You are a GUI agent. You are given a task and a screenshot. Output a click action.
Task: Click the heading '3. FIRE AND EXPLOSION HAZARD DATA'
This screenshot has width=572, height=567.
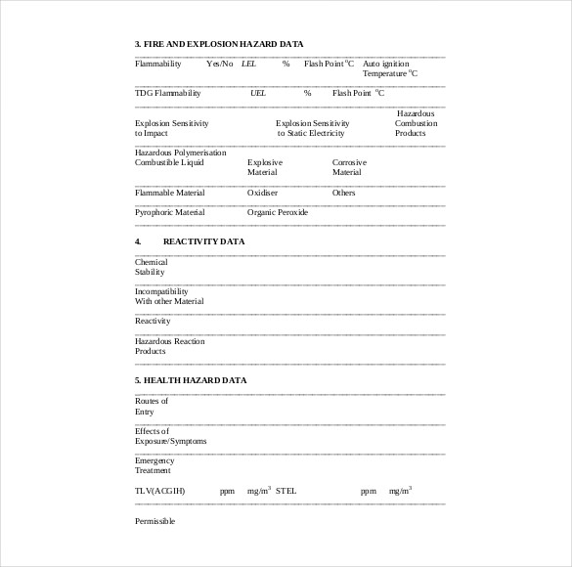219,44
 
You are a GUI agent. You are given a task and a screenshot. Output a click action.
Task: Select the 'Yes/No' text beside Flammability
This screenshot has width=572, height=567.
220,64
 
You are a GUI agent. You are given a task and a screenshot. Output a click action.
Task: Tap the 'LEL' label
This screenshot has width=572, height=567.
248,64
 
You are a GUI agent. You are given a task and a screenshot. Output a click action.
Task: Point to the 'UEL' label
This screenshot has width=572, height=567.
258,93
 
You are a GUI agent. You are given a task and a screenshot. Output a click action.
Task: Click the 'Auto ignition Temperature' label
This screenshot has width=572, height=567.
390,68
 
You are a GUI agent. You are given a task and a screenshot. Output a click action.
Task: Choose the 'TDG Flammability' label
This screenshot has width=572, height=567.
167,93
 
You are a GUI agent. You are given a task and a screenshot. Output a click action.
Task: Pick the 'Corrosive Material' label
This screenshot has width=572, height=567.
349,167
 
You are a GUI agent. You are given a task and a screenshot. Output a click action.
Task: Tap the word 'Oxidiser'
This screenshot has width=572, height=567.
263,193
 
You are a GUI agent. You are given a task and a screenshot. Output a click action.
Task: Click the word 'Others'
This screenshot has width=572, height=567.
344,193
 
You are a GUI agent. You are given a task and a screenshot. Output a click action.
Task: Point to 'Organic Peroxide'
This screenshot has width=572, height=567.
278,212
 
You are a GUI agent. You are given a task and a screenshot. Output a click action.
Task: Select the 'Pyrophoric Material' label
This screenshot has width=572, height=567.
170,212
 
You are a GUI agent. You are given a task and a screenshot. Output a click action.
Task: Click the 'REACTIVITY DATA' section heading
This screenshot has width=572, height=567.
203,240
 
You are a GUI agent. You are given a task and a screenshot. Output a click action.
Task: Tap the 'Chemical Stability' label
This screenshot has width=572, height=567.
151,267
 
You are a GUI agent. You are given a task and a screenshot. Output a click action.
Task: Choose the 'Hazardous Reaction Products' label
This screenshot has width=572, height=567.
170,345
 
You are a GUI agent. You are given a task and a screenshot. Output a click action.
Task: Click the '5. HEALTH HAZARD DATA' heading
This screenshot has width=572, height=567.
191,379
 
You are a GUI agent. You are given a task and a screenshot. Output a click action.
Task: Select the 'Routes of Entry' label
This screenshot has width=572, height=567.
151,406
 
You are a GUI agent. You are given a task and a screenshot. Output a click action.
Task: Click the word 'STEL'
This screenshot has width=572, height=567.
286,490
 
